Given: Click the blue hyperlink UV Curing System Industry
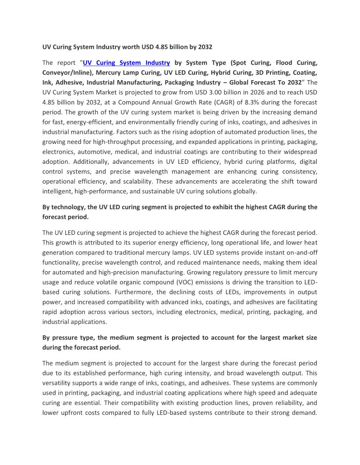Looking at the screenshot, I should (126, 63).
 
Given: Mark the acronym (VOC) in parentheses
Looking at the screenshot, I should (173, 282).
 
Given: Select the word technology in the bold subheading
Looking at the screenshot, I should (68, 207).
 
